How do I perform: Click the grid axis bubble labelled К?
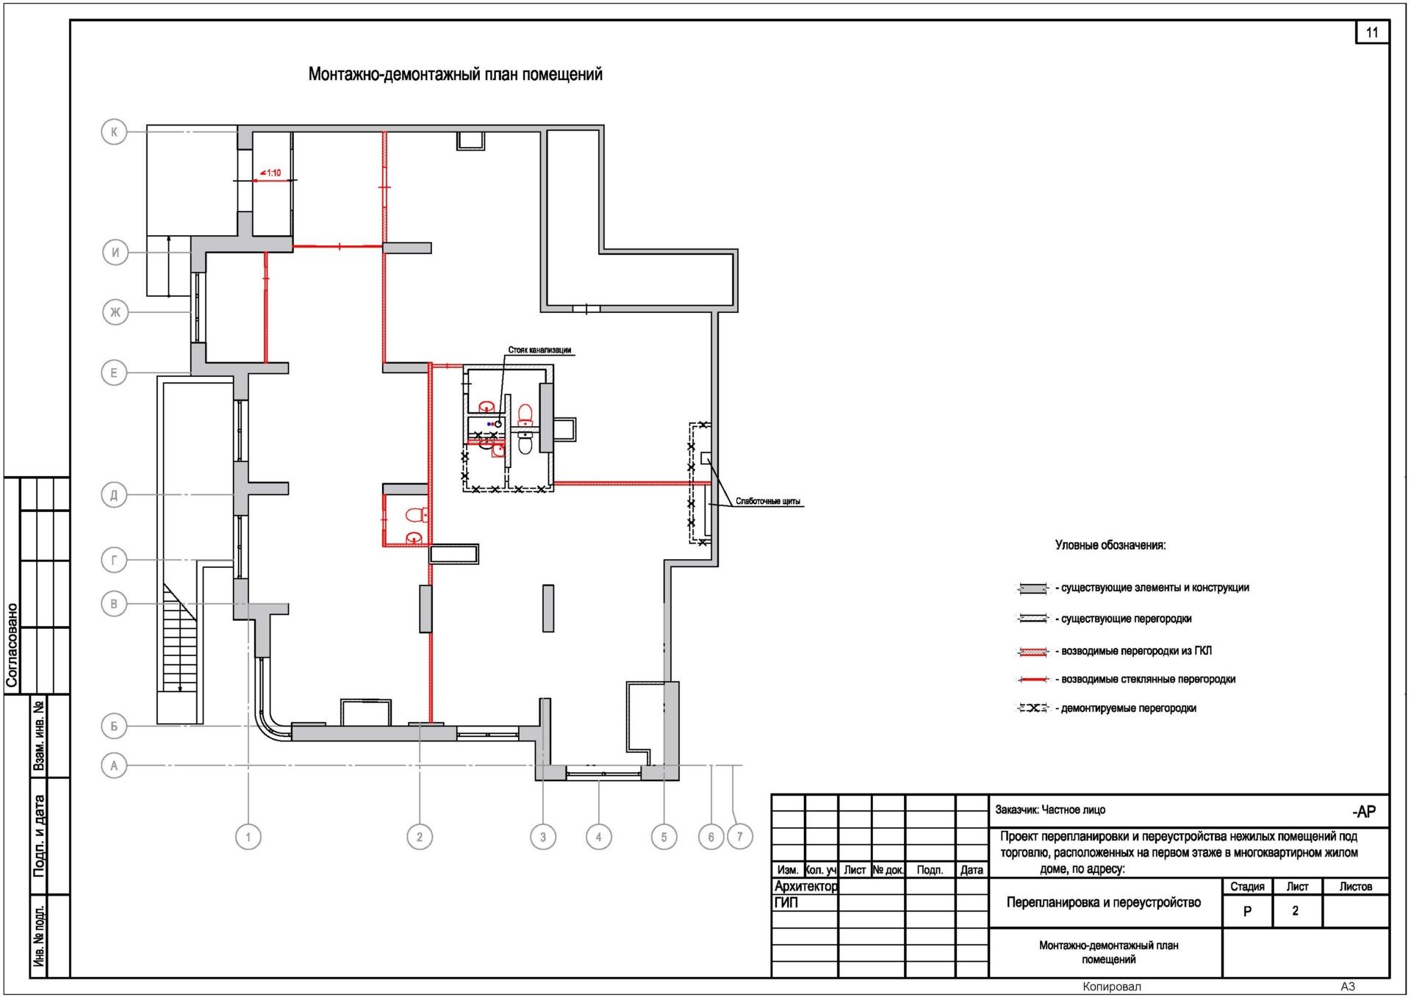[x=114, y=132]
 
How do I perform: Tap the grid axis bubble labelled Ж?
[x=115, y=312]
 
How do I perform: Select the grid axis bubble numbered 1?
[x=248, y=837]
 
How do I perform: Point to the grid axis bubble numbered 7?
[x=740, y=836]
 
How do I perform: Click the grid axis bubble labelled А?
[x=114, y=766]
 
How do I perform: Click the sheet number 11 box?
[x=1372, y=32]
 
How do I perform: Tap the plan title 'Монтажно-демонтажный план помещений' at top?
[x=456, y=74]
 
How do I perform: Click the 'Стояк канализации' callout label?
[x=539, y=350]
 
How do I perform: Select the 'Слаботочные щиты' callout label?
[x=768, y=501]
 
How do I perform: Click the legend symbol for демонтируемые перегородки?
[x=1033, y=708]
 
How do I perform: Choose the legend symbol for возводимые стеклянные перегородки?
[x=1033, y=680]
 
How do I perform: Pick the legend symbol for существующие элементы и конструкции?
[x=1033, y=589]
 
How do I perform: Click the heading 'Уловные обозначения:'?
[x=1110, y=545]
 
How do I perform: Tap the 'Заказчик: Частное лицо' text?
[x=1050, y=810]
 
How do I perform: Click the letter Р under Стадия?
[x=1247, y=911]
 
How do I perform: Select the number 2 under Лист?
[x=1296, y=910]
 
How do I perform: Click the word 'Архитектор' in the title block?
[x=806, y=886]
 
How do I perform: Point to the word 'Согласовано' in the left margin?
[x=12, y=645]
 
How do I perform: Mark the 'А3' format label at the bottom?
[x=1348, y=987]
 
